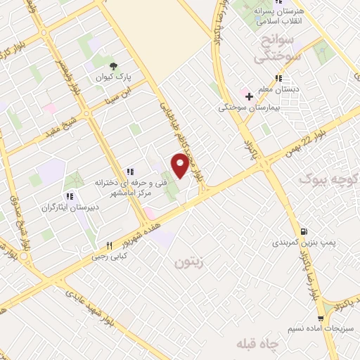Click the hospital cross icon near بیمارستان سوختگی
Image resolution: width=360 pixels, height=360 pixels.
pyautogui.click(x=249, y=96)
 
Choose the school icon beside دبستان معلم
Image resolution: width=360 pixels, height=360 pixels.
pyautogui.click(x=278, y=78)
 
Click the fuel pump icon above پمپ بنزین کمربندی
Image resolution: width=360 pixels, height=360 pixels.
pyautogui.click(x=303, y=231)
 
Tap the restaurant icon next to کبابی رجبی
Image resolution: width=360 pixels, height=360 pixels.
pyautogui.click(x=109, y=245)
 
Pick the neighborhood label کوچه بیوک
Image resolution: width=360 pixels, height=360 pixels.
pyautogui.click(x=328, y=179)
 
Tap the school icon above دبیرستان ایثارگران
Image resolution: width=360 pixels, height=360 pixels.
pyautogui.click(x=69, y=196)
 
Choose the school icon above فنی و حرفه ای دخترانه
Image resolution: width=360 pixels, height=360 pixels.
pyautogui.click(x=129, y=172)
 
